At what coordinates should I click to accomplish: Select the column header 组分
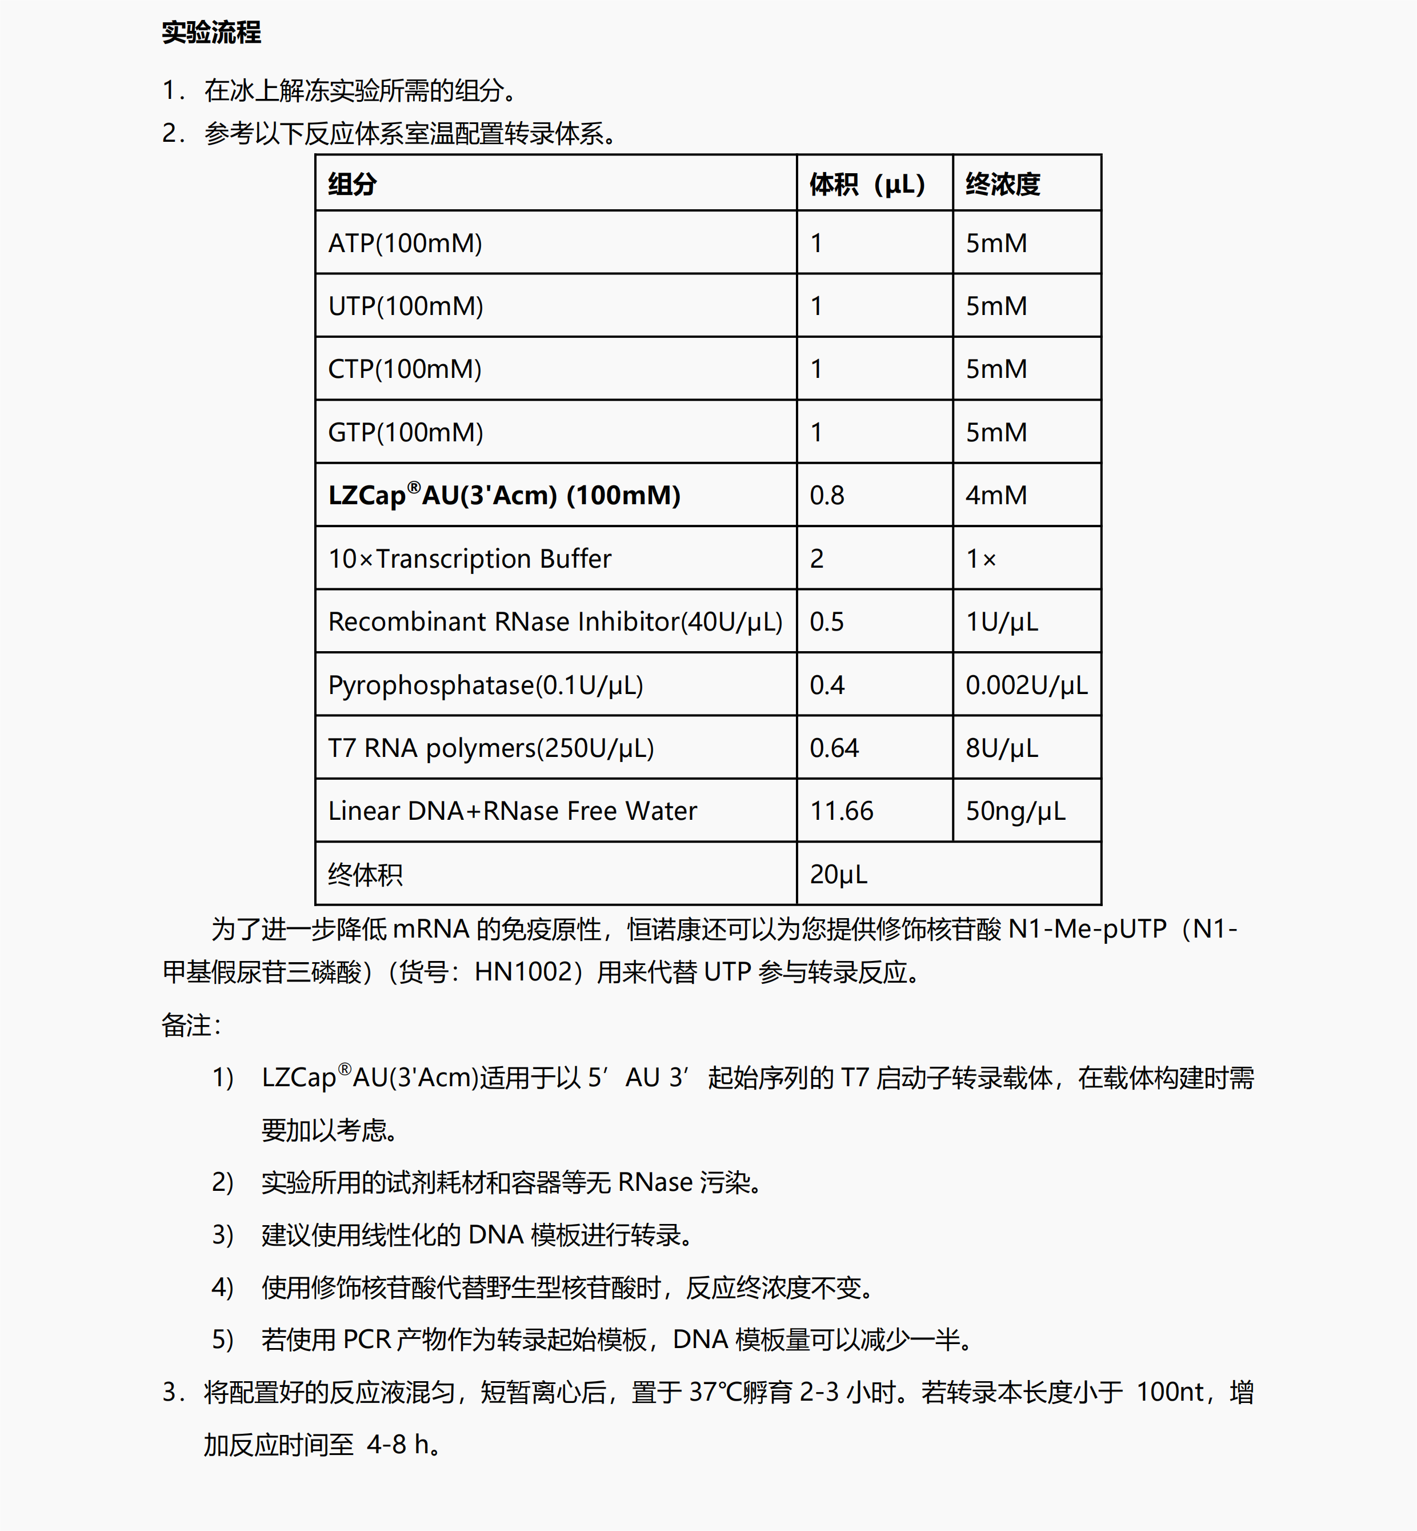pos(352,184)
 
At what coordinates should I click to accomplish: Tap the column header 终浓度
pos(1002,184)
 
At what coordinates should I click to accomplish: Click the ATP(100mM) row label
pos(405,243)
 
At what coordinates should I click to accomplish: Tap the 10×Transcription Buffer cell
pos(469,559)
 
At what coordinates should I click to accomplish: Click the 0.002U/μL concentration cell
pos(1026,685)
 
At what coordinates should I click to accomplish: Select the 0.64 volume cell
pos(834,748)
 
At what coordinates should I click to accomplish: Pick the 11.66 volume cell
pos(841,811)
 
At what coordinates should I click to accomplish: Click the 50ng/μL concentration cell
pos(1015,811)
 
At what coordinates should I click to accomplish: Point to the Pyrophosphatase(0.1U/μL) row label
pos(485,685)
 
